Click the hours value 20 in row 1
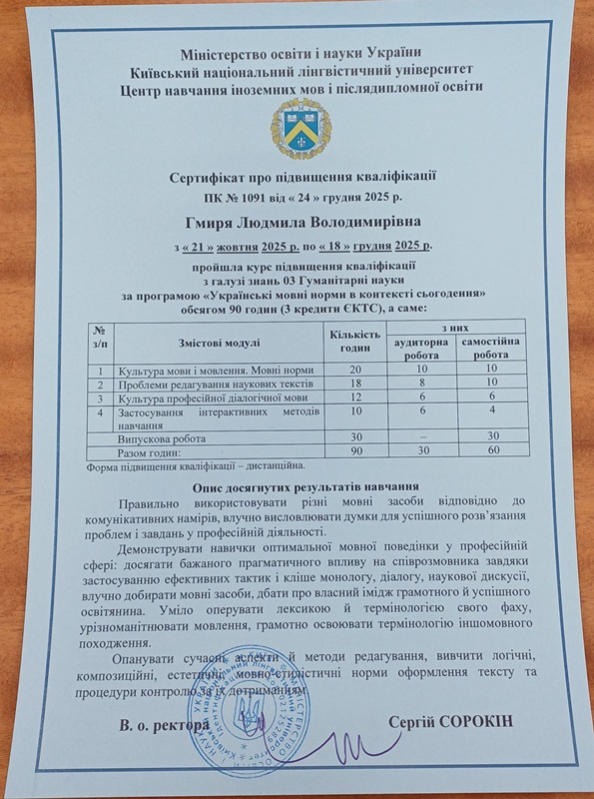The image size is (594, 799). (355, 370)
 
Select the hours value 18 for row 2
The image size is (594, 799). (355, 384)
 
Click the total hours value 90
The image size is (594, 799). (355, 453)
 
